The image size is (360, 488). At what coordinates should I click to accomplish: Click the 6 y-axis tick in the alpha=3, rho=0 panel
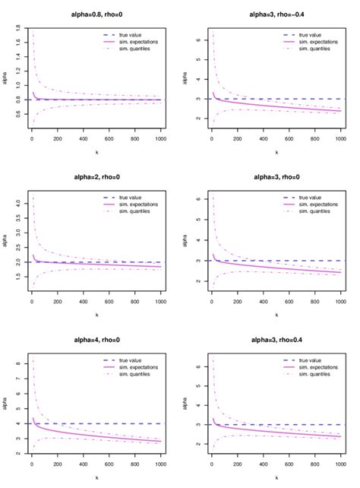click(198, 199)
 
